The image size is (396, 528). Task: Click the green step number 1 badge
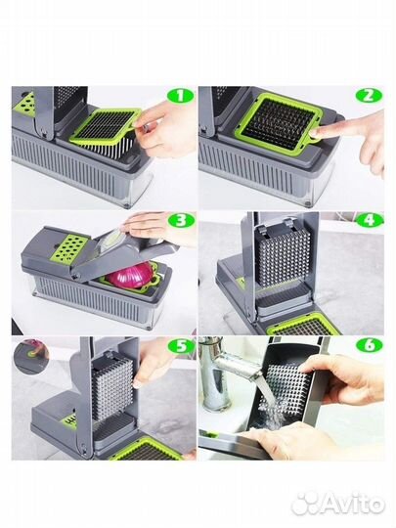tap(180, 96)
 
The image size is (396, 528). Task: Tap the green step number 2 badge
tap(370, 96)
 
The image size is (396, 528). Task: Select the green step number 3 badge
tap(181, 221)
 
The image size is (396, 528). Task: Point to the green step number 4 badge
tap(370, 221)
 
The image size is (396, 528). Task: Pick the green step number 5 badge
tap(181, 346)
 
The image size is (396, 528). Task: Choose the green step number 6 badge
tap(370, 345)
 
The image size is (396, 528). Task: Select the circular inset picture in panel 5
tap(31, 356)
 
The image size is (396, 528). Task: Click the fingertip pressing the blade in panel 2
tap(317, 133)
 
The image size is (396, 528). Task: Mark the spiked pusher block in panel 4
tap(283, 256)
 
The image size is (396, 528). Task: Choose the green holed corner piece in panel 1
tap(24, 105)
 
